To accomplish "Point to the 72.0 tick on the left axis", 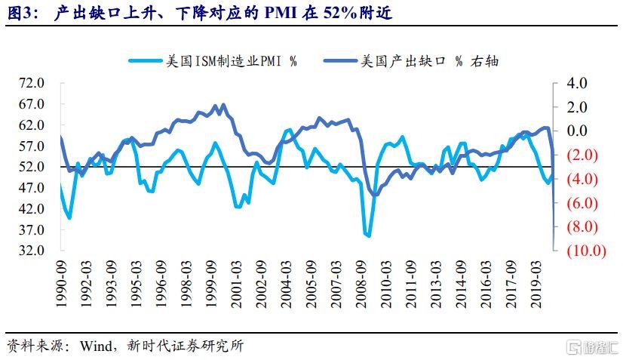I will pyautogui.click(x=34, y=82).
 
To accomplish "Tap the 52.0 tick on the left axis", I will pyautogui.click(x=34, y=166).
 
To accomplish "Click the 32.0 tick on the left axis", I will pyautogui.click(x=34, y=250).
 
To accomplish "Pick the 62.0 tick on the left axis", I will pyautogui.click(x=34, y=125).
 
